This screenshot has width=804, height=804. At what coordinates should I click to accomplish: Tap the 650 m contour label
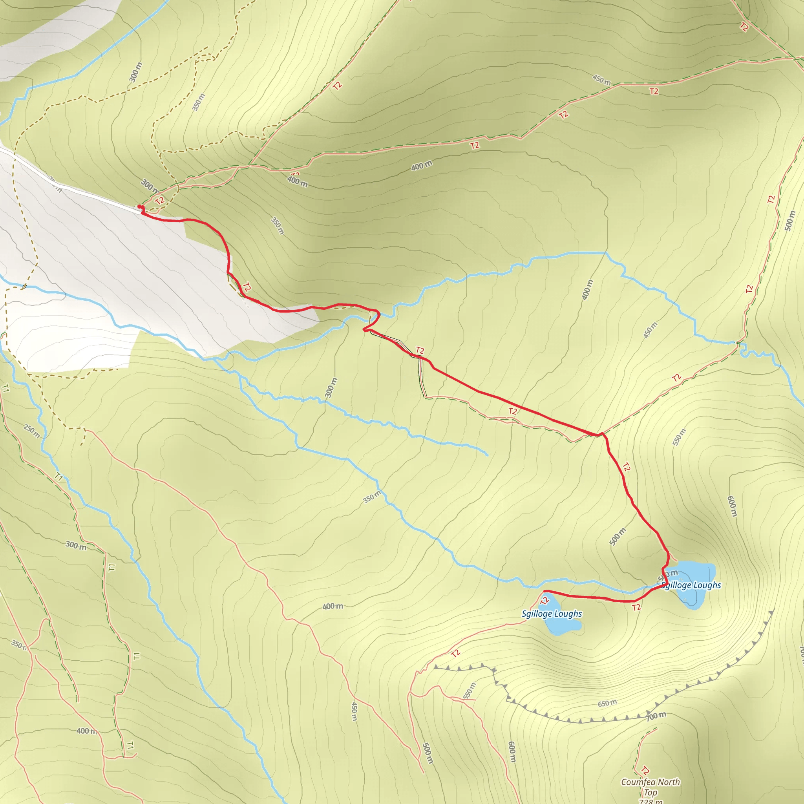click(607, 703)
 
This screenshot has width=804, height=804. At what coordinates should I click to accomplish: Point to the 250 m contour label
click(32, 431)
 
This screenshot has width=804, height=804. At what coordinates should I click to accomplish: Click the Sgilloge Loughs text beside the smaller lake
click(552, 614)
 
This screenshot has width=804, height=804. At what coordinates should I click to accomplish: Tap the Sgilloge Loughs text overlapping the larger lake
click(691, 585)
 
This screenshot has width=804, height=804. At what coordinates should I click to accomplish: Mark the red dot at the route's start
click(139, 207)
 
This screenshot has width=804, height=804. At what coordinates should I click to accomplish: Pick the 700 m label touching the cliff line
click(656, 716)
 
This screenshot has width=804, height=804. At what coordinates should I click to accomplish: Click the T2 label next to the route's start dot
click(159, 200)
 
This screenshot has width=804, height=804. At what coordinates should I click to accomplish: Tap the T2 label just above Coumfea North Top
click(645, 770)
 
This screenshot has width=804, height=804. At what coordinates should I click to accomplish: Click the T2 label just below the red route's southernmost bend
click(636, 608)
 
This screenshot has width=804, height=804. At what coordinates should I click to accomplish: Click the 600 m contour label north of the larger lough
click(732, 506)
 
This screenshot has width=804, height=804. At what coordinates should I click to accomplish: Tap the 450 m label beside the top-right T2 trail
click(602, 79)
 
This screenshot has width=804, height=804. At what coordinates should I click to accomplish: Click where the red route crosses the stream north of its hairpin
click(378, 316)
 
